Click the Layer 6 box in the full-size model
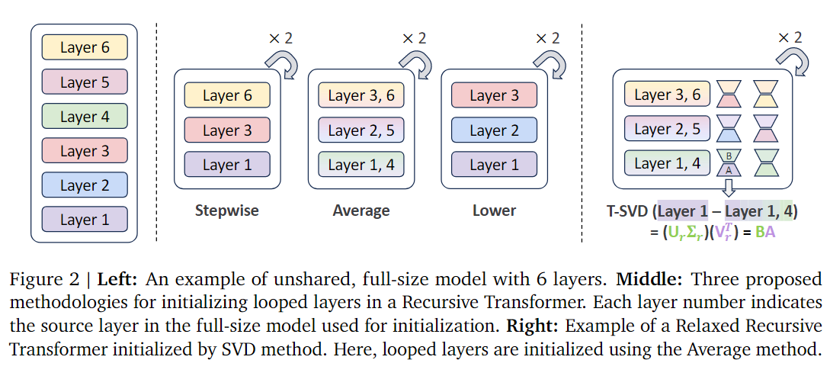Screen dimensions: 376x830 [85, 48]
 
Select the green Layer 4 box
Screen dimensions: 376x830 [85, 117]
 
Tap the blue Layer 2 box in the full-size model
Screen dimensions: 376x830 [85, 185]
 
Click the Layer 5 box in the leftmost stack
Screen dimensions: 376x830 [85, 82]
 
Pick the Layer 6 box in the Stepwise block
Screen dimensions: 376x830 [227, 96]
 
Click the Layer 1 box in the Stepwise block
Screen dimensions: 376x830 [227, 165]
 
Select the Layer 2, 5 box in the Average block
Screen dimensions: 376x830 [361, 130]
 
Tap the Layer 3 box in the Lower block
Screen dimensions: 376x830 [494, 96]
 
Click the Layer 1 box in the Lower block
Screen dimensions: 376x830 [494, 165]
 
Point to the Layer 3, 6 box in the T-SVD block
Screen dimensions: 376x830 [668, 95]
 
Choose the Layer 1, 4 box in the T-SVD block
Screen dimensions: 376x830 [668, 164]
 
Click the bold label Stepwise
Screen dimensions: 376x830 [227, 210]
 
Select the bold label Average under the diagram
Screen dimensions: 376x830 [361, 210]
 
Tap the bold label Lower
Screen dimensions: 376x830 [494, 210]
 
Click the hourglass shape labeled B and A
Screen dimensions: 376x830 [729, 164]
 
